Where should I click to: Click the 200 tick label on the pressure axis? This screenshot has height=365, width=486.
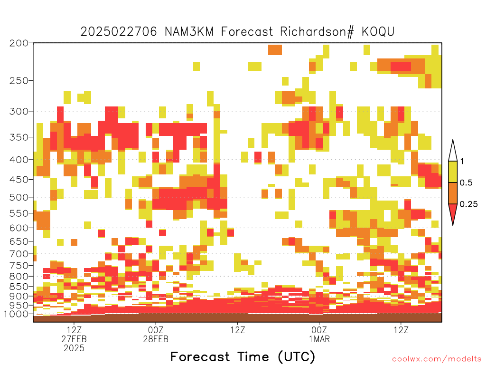click(19, 43)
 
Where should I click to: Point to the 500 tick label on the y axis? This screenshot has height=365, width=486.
click(19, 197)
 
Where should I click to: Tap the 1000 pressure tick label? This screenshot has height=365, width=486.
click(16, 314)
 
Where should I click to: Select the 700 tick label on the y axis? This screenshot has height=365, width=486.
click(19, 254)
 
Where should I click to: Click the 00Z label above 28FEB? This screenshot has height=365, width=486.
click(156, 330)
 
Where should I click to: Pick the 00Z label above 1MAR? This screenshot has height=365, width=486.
click(319, 330)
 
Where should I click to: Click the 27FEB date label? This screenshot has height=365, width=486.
click(74, 339)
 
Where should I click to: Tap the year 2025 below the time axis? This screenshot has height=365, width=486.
click(74, 348)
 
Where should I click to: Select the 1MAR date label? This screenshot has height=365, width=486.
click(319, 339)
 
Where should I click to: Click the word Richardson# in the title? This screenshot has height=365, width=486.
click(317, 32)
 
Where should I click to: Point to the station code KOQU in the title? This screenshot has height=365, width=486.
click(378, 32)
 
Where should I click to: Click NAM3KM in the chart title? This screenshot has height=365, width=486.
click(189, 32)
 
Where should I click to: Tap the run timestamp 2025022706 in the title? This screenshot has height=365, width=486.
click(119, 32)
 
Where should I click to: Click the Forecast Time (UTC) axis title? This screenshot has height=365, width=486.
click(243, 357)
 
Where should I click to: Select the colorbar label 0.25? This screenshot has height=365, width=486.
click(468, 204)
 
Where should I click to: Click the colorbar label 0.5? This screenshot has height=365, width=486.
click(466, 183)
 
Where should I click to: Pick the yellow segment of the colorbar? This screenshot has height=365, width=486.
click(453, 172)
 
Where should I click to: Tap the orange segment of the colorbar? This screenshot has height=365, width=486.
click(453, 193)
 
